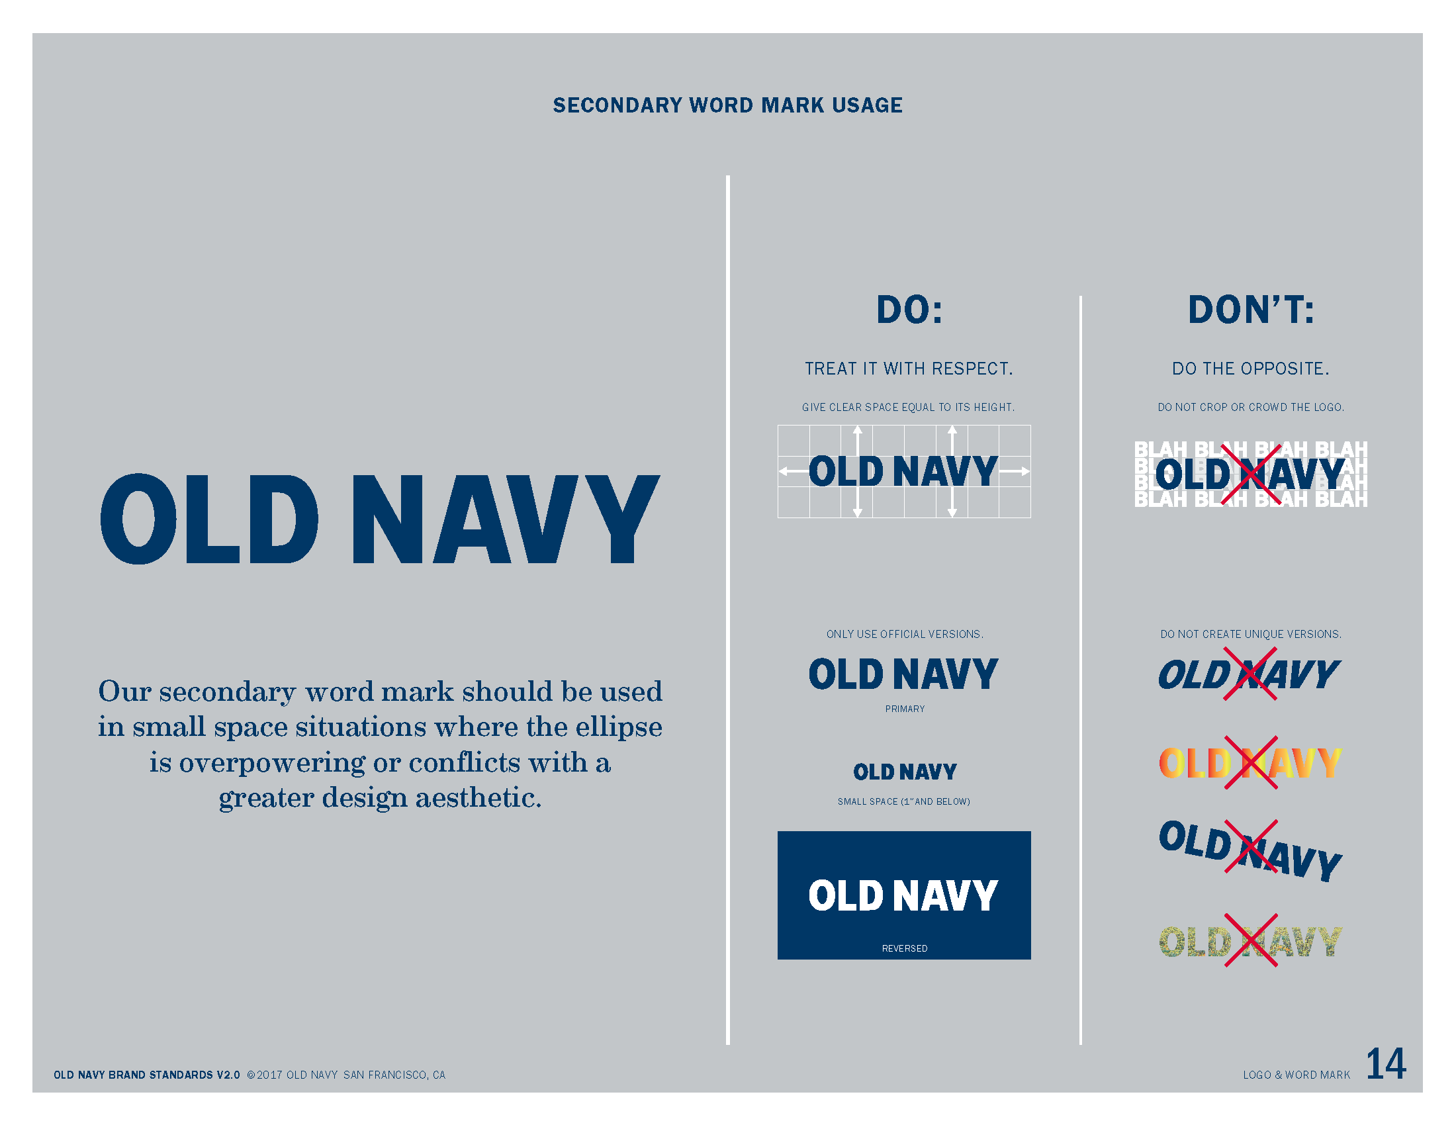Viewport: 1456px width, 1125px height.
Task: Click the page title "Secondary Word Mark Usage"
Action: [727, 105]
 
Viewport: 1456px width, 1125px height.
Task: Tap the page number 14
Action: [1386, 1063]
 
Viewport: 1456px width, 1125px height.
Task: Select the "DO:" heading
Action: [909, 310]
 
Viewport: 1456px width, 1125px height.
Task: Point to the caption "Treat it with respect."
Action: [909, 369]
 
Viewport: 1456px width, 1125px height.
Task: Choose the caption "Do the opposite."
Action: [1251, 369]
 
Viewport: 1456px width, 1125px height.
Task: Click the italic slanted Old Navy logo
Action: [1250, 674]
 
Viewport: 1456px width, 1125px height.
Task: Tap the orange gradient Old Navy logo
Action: [1250, 763]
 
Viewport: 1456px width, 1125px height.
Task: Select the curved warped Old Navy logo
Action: [1250, 850]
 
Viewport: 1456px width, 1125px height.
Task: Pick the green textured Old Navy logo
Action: [1250, 941]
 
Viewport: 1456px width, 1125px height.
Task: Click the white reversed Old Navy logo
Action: [903, 895]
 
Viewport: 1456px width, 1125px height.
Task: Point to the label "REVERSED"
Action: [905, 948]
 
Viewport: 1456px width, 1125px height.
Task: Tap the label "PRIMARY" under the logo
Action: [905, 709]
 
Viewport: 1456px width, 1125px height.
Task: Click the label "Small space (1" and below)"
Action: [904, 802]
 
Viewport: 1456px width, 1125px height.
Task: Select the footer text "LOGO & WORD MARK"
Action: [1296, 1075]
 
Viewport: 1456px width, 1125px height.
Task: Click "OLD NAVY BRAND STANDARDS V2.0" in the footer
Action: [147, 1075]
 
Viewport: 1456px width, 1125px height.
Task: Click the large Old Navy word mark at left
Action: [380, 519]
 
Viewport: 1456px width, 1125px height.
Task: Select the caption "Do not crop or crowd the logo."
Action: [1251, 407]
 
